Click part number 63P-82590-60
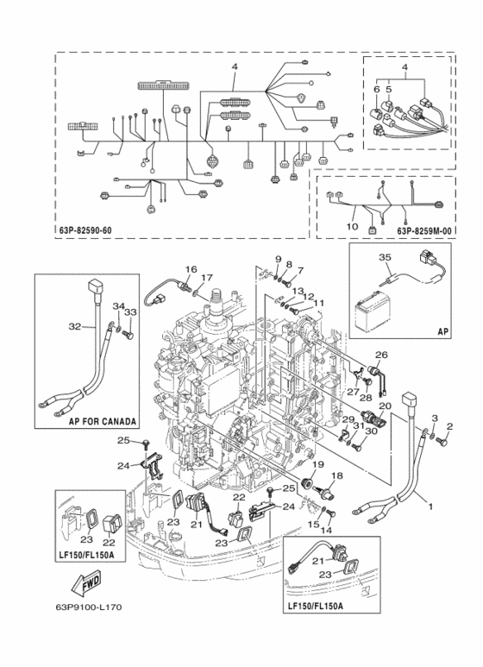85,230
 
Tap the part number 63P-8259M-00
423,230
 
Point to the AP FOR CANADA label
103,422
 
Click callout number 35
385,257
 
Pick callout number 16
191,269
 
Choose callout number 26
381,355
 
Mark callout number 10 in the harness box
352,227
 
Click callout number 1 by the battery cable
430,507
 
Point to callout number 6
377,90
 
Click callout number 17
206,277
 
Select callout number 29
348,419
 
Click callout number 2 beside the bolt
449,425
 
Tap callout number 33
131,311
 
